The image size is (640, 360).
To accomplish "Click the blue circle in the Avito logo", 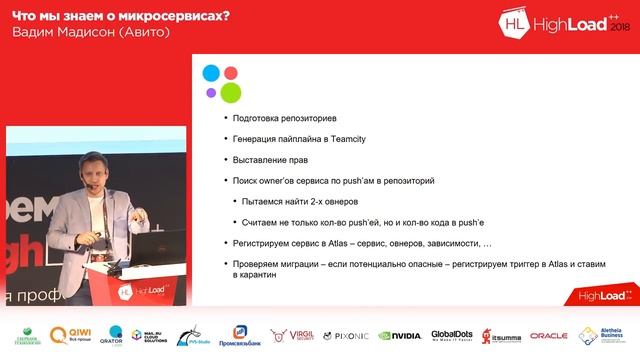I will pyautogui.click(x=211, y=73).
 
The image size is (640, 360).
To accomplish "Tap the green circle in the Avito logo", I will pyautogui.click(x=231, y=93).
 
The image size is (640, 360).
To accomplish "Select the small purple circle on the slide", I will pyautogui.click(x=211, y=93).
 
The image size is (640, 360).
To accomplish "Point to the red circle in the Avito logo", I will pyautogui.click(x=231, y=73).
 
